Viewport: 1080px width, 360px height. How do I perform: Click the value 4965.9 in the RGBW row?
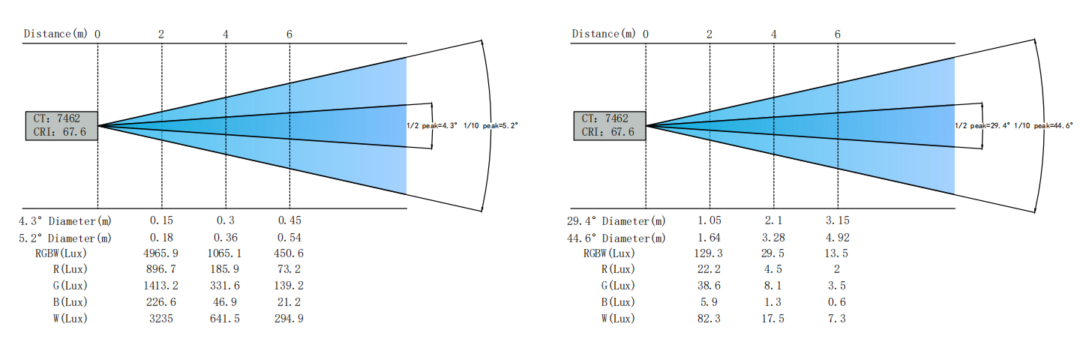pyautogui.click(x=160, y=253)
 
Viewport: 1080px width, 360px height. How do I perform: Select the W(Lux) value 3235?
pyautogui.click(x=160, y=319)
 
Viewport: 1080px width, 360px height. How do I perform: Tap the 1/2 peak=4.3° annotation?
pyautogui.click(x=431, y=126)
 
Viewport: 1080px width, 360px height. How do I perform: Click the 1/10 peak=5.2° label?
pyautogui.click(x=490, y=126)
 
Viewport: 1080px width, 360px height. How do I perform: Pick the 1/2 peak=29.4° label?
pyautogui.click(x=982, y=126)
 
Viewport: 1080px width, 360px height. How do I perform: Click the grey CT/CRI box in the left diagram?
pyautogui.click(x=61, y=126)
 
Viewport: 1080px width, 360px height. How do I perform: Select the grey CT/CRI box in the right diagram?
pyautogui.click(x=610, y=126)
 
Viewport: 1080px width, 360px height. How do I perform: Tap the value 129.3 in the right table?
pyautogui.click(x=709, y=253)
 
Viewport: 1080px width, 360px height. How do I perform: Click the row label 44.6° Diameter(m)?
pyautogui.click(x=616, y=238)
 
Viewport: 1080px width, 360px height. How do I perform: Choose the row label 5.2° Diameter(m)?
pyautogui.click(x=65, y=238)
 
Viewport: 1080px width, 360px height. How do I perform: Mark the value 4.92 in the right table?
pyautogui.click(x=838, y=238)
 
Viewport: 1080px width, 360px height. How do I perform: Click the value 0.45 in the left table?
pyautogui.click(x=289, y=220)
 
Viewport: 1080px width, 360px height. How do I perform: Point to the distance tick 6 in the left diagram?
pyautogui.click(x=289, y=34)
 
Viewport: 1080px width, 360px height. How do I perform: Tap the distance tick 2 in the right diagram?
pyautogui.click(x=709, y=34)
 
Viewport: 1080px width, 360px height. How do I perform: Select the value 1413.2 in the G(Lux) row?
pyautogui.click(x=160, y=286)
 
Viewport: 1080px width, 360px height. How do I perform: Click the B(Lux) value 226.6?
pyautogui.click(x=161, y=302)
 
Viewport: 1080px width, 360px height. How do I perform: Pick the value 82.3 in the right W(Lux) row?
pyautogui.click(x=709, y=319)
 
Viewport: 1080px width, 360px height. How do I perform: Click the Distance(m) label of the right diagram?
pyautogui.click(x=604, y=34)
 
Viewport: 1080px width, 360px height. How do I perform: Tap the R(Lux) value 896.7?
pyautogui.click(x=161, y=269)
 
